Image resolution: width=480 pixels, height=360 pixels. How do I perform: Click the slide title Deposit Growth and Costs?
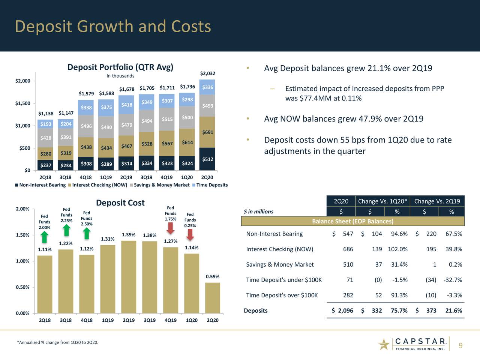(113, 27)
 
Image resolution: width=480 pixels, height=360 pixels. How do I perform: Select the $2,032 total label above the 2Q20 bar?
(207, 73)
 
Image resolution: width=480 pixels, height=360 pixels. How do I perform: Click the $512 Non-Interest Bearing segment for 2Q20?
(207, 159)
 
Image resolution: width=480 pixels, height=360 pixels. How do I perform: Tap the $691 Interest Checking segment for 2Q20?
(207, 132)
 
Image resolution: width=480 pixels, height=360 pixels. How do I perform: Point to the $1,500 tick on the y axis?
(22, 103)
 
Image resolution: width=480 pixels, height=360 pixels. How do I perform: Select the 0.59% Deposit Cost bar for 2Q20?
(213, 298)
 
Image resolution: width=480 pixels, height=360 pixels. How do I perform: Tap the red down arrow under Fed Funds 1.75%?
(170, 228)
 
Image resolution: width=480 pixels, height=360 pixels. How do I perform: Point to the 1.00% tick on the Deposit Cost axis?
(22, 261)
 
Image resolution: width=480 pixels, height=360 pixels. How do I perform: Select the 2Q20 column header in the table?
(341, 201)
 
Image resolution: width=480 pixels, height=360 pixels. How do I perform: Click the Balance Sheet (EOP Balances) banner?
(352, 221)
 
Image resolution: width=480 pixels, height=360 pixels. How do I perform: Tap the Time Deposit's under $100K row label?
(283, 280)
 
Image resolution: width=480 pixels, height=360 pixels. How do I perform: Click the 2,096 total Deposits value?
(345, 310)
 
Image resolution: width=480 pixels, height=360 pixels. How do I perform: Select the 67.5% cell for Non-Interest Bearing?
(453, 234)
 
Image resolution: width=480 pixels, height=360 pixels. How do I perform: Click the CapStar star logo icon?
(384, 344)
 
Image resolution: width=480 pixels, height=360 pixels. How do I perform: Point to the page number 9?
(460, 346)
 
